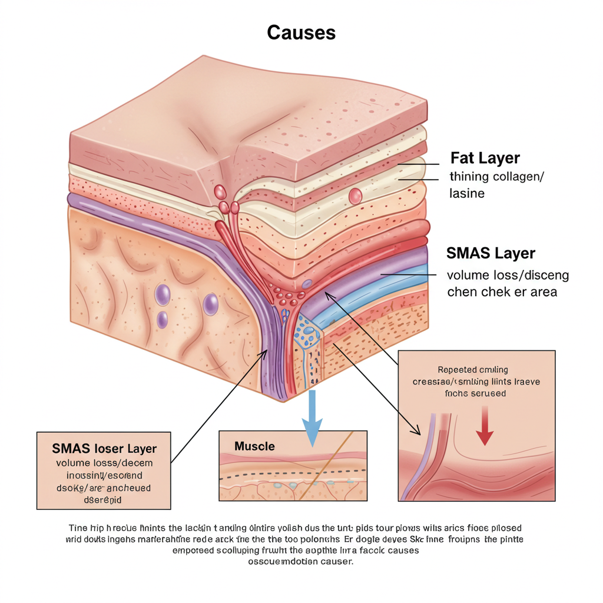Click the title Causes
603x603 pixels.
pos(301,32)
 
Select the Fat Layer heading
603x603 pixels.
pos(485,158)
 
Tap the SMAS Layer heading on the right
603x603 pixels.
pos(491,253)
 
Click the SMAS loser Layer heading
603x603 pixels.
pos(104,448)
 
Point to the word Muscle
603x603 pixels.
pos(254,446)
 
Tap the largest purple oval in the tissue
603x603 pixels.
pos(210,304)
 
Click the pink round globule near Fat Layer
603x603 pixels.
pos(355,195)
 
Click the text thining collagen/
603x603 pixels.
pos(496,176)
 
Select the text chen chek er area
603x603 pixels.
pos(502,291)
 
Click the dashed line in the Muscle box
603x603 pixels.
pos(294,473)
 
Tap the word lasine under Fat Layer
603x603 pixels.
pos(467,193)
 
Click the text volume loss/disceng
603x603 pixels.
pos(508,274)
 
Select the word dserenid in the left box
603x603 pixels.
pos(104,499)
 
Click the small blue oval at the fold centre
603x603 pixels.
pos(307,284)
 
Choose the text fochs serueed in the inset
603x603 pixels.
pos(476,393)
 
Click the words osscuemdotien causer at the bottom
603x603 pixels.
pos(301,561)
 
